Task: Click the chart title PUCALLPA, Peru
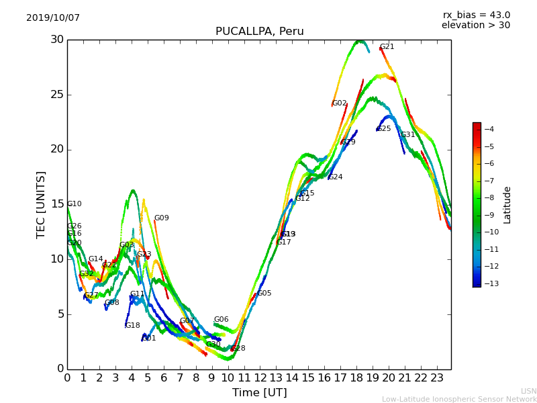(x=259, y=32)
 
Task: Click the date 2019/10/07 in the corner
(x=53, y=18)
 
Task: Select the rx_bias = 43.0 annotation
(x=476, y=15)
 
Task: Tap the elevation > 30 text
(x=475, y=26)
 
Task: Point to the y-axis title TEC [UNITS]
(x=41, y=204)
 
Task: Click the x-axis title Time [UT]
(x=259, y=393)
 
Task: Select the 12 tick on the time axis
(x=260, y=378)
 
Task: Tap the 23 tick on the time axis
(x=437, y=378)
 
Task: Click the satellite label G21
(x=387, y=47)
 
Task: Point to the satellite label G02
(x=340, y=103)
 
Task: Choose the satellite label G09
(x=162, y=218)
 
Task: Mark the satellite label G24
(x=335, y=177)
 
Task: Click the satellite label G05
(x=264, y=294)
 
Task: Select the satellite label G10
(x=75, y=204)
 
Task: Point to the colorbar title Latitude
(x=507, y=205)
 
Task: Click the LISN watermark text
(x=528, y=391)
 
